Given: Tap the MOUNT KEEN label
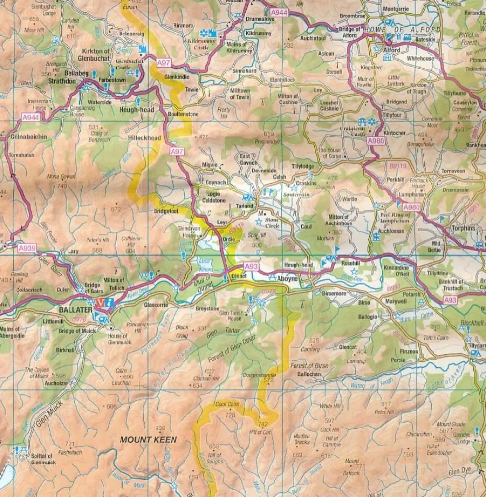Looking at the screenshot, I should tap(148, 440).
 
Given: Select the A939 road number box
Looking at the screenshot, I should tap(27, 248).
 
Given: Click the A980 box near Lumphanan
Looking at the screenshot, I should tap(412, 207).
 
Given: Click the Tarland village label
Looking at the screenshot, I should tap(244, 206).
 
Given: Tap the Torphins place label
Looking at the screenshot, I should tap(463, 228).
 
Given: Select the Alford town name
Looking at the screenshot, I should tap(392, 50).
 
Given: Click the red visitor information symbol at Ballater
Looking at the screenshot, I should tap(101, 302).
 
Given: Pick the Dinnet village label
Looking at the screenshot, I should tap(239, 275).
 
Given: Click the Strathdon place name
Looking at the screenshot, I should tap(62, 81).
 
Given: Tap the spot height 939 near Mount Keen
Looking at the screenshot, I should tap(160, 428).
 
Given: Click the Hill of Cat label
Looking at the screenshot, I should tap(259, 432).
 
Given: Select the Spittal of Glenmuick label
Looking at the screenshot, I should tap(42, 459).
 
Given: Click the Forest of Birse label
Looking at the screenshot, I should tap(309, 366).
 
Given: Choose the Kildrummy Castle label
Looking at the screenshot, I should tap(201, 45).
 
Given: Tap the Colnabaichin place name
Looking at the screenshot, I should tap(29, 137).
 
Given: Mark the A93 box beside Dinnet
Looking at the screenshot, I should tap(252, 266).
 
